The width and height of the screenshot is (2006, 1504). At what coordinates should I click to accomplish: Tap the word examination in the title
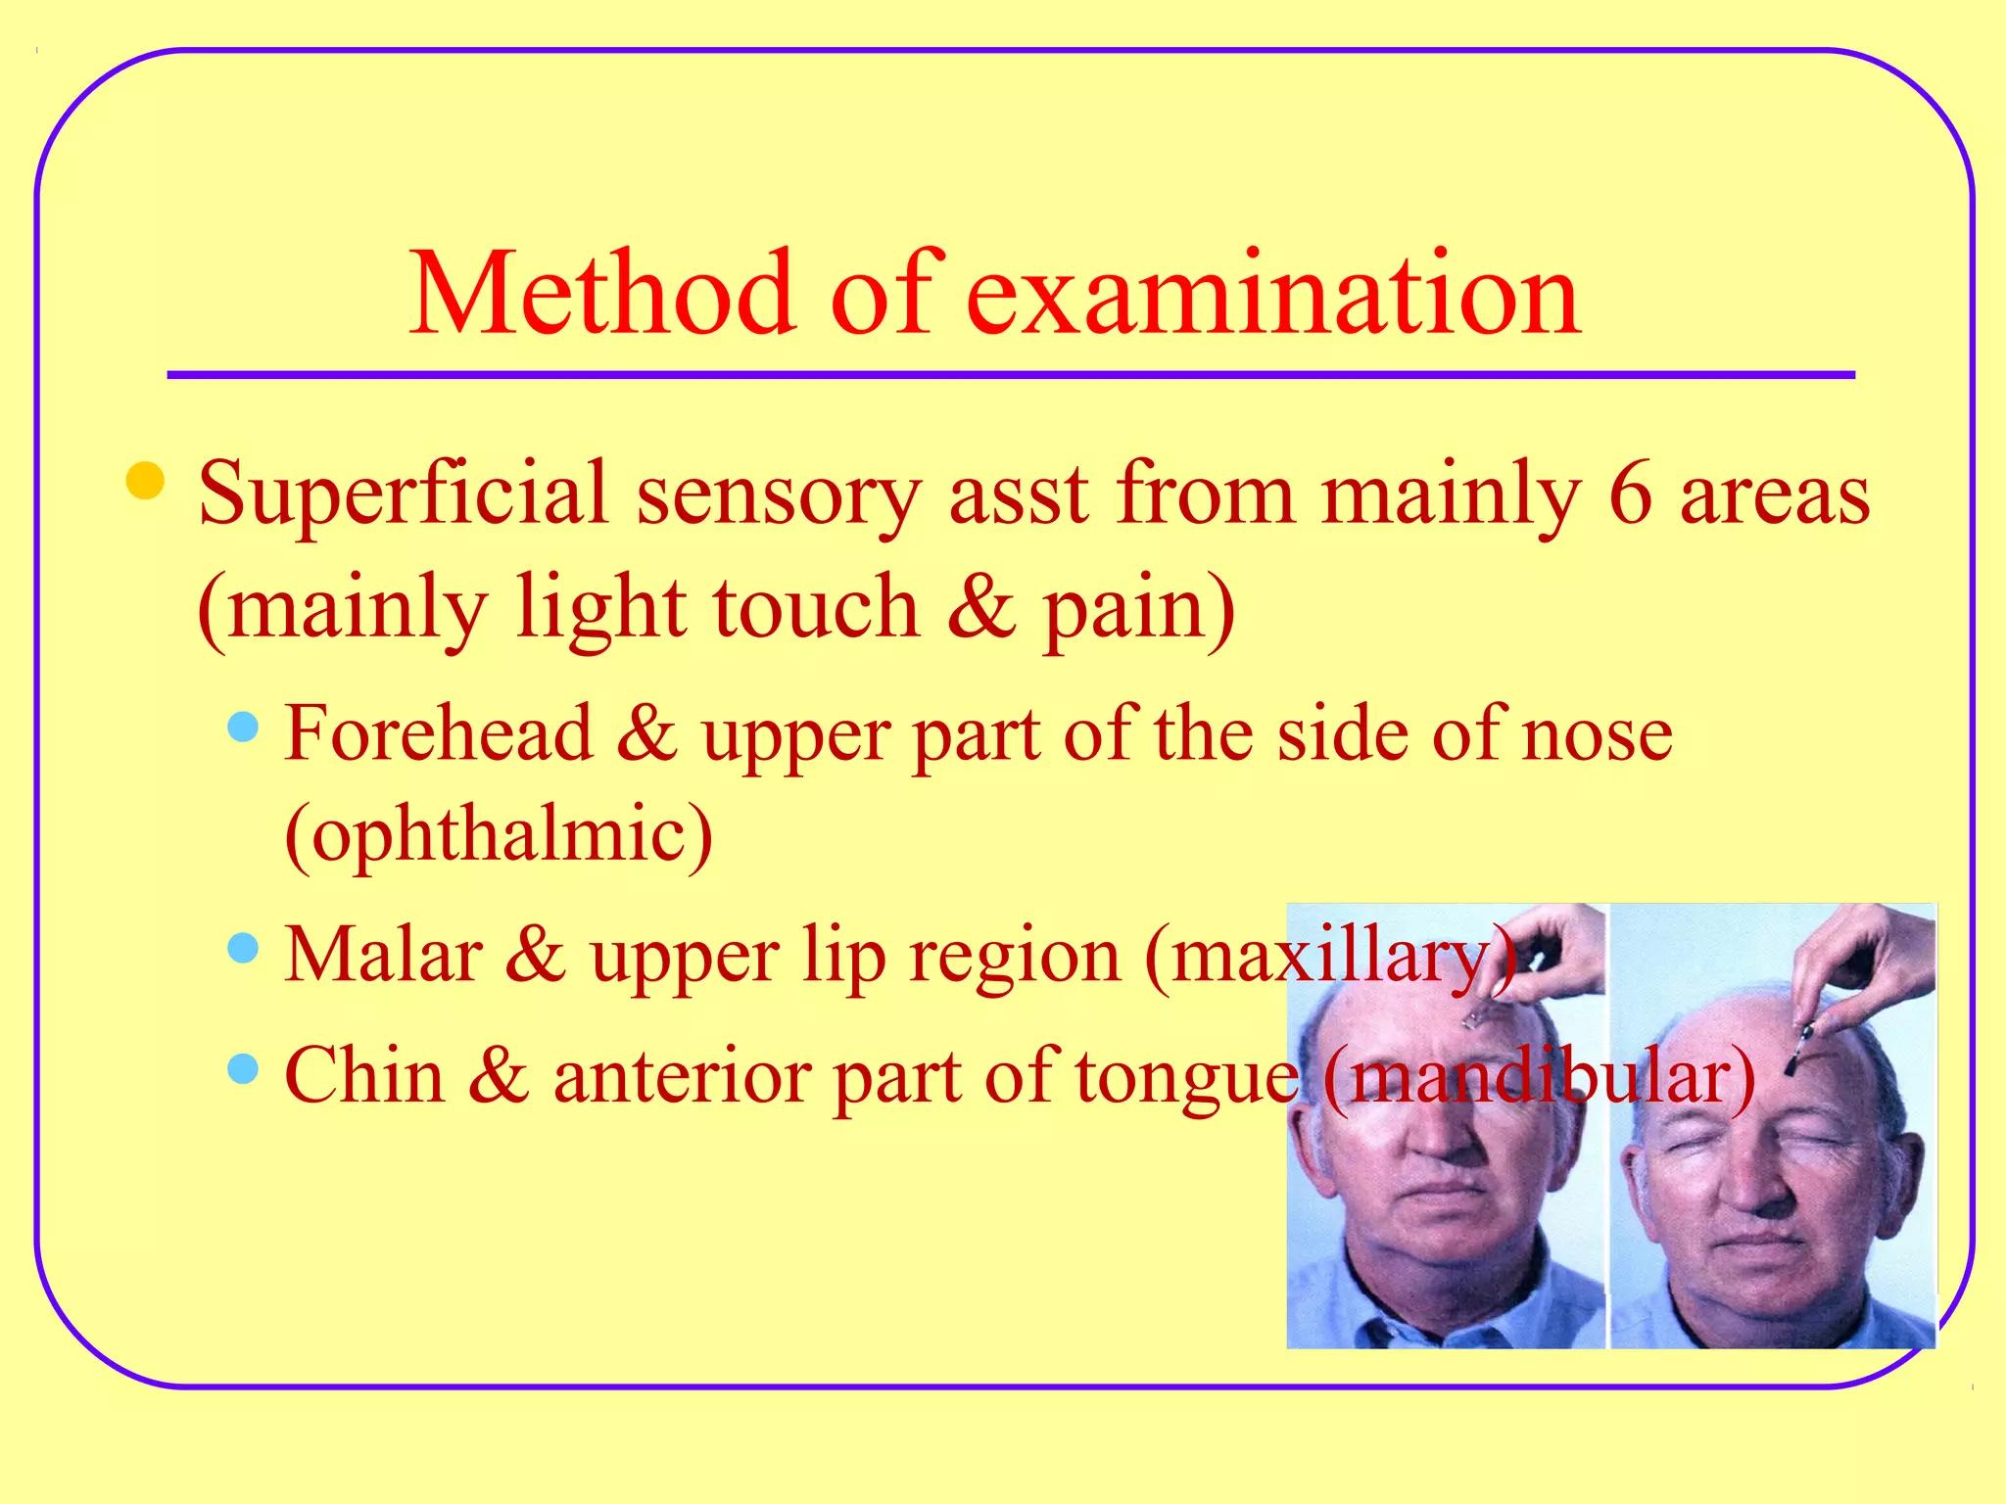[1272, 294]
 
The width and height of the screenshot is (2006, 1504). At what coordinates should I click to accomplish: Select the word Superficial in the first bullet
[403, 495]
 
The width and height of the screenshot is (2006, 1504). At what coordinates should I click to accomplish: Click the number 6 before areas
[1630, 493]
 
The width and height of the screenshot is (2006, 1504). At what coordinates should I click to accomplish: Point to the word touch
[816, 608]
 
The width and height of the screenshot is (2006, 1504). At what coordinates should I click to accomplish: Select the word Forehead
[439, 733]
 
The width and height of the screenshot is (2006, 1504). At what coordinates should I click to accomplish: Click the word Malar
[383, 955]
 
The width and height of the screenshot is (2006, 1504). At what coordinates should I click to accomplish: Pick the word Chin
[363, 1075]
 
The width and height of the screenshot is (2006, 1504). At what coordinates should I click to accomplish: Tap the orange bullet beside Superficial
[145, 481]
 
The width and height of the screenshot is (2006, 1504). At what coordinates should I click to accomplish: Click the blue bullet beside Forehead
[242, 727]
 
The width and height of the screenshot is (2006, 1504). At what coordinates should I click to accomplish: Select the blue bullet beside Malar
[242, 947]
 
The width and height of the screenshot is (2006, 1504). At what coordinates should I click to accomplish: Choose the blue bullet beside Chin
[242, 1068]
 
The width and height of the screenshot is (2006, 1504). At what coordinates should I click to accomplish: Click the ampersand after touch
[981, 608]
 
